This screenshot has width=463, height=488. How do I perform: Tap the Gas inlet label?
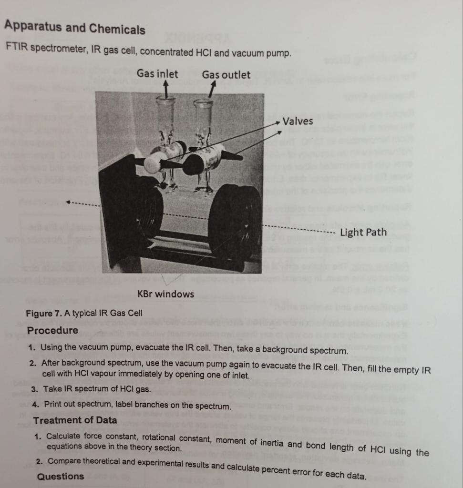click(157, 74)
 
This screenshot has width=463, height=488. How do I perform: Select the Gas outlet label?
click(226, 75)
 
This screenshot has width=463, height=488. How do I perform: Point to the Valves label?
click(298, 121)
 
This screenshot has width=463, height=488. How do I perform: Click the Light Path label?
click(363, 232)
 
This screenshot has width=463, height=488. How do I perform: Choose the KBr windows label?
click(165, 294)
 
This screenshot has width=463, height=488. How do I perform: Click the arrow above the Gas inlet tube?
click(166, 89)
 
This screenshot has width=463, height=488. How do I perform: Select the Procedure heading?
click(52, 330)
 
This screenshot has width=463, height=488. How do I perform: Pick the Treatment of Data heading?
click(75, 420)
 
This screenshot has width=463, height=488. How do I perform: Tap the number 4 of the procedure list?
click(35, 404)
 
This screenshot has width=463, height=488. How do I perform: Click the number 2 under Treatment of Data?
click(38, 461)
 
